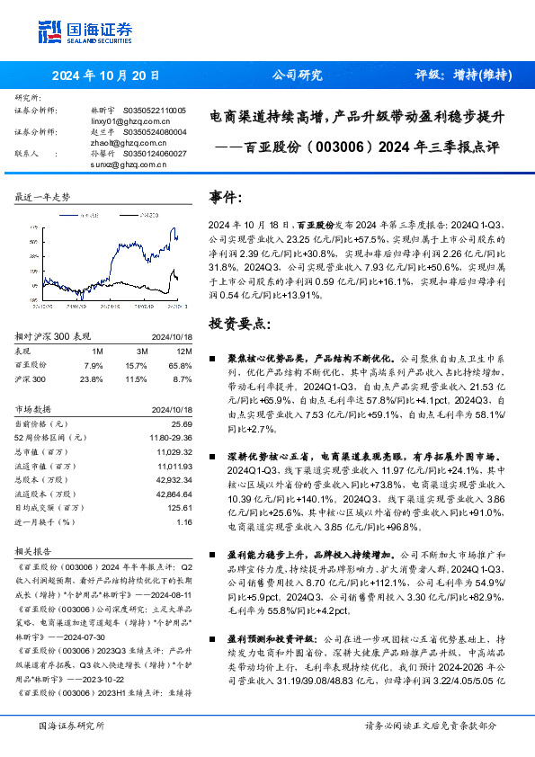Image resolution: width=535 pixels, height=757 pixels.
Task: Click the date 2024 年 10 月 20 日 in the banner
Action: pyautogui.click(x=106, y=76)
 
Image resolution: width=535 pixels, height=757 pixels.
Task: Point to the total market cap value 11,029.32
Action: pyautogui.click(x=174, y=451)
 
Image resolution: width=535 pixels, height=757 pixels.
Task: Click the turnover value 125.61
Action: pyautogui.click(x=181, y=507)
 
